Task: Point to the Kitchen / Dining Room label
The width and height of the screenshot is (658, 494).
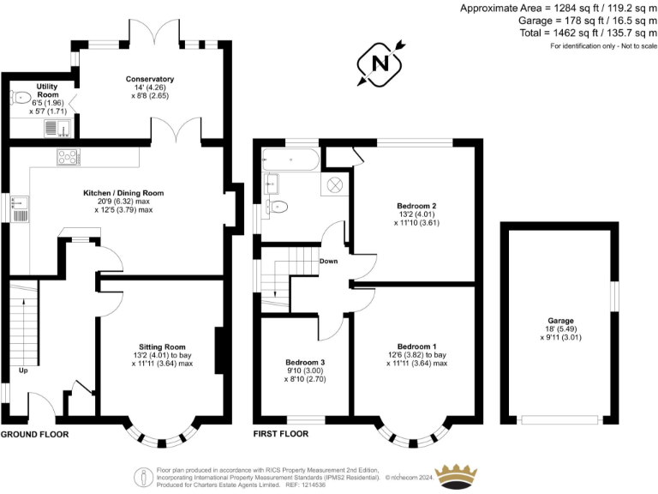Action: (x=123, y=193)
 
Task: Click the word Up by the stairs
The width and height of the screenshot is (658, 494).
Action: (x=23, y=371)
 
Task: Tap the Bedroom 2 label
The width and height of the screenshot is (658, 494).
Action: (x=416, y=206)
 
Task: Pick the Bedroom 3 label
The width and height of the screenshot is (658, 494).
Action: (x=304, y=360)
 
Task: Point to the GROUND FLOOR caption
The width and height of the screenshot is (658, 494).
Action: (x=34, y=435)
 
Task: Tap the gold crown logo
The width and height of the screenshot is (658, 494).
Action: (x=461, y=476)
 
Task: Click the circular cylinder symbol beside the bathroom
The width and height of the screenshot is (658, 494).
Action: (x=334, y=184)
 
